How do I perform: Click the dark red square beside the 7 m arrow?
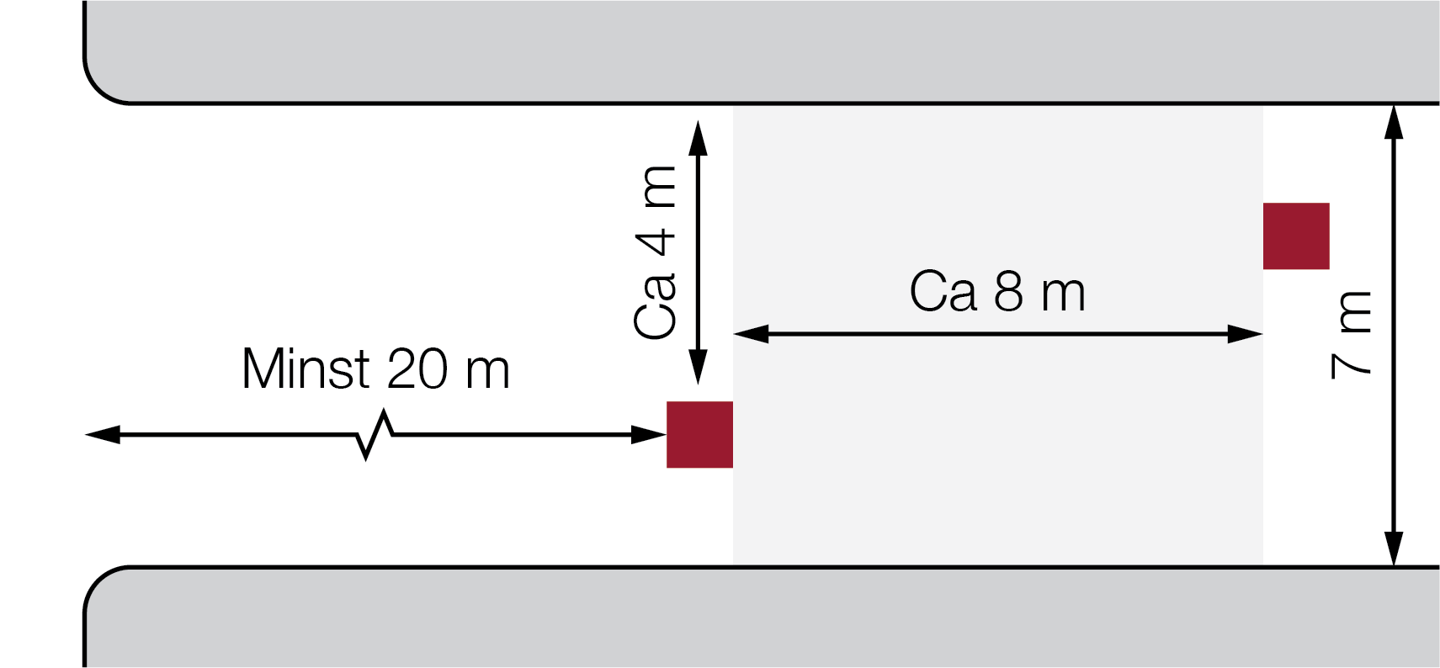pyautogui.click(x=1296, y=236)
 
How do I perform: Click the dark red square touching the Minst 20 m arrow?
pyautogui.click(x=699, y=435)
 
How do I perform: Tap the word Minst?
pyautogui.click(x=306, y=368)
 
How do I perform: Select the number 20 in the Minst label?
pyautogui.click(x=417, y=368)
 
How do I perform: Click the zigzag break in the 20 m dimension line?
pyautogui.click(x=375, y=435)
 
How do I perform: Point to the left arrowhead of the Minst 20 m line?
pyautogui.click(x=103, y=435)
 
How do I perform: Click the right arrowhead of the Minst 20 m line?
pyautogui.click(x=649, y=435)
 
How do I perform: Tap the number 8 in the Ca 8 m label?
pyautogui.click(x=1008, y=291)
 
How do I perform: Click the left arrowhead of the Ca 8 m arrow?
pyautogui.click(x=751, y=334)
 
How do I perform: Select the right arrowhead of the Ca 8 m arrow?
pyautogui.click(x=1246, y=334)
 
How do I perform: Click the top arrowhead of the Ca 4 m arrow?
pyautogui.click(x=699, y=138)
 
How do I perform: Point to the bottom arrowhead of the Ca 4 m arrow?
pyautogui.click(x=699, y=367)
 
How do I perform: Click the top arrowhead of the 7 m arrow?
pyautogui.click(x=1394, y=122)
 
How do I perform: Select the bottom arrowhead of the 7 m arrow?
pyautogui.click(x=1394, y=549)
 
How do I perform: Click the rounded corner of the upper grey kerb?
pyautogui.click(x=98, y=89)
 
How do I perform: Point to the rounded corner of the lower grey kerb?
pyautogui.click(x=98, y=581)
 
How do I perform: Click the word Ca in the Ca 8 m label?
pyautogui.click(x=943, y=291)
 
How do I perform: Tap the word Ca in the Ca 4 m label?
pyautogui.click(x=655, y=306)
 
